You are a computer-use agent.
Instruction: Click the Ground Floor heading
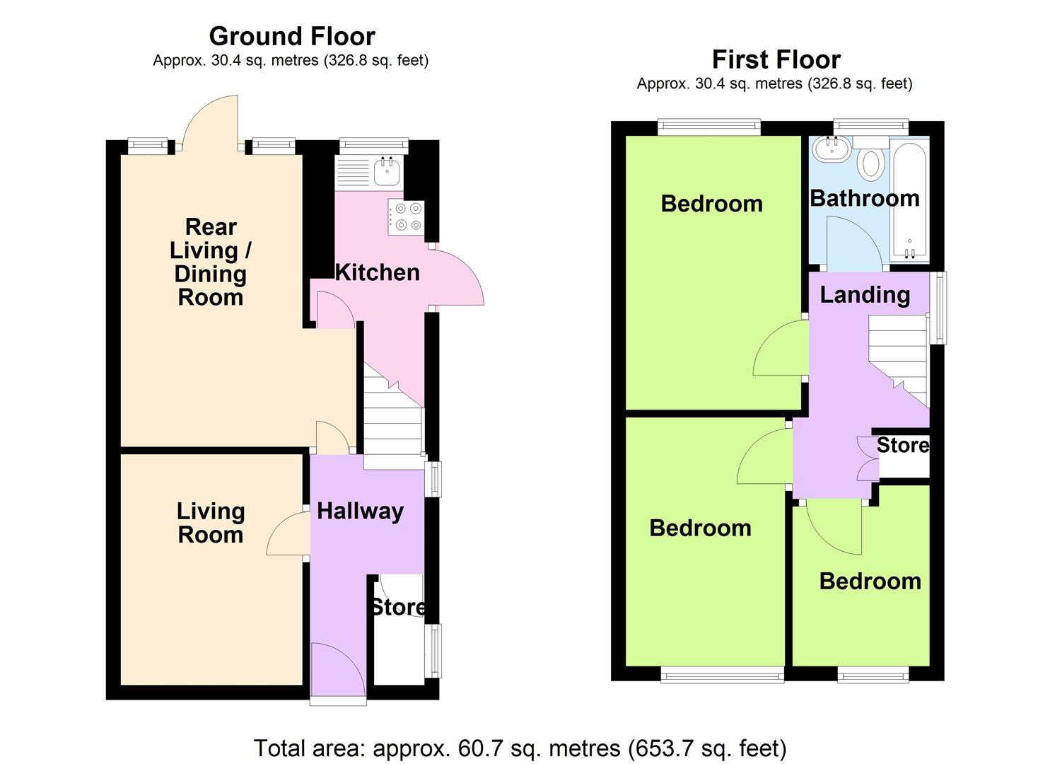[291, 36]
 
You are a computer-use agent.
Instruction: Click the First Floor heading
[776, 59]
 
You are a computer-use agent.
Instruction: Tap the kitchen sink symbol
[387, 170]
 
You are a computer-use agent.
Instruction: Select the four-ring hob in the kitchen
[406, 216]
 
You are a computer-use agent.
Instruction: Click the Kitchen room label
[377, 272]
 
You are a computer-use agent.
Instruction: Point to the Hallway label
[360, 511]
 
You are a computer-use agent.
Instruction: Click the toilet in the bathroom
[871, 163]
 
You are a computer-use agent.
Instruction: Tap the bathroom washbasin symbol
[832, 148]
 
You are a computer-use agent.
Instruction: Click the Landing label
[865, 294]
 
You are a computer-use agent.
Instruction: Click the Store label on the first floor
[903, 445]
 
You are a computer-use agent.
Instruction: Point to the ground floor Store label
[398, 607]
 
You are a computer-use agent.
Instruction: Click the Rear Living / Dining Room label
[211, 262]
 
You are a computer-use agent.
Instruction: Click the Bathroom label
[864, 198]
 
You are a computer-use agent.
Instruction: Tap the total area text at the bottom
[520, 748]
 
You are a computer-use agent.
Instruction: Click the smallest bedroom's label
[870, 581]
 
